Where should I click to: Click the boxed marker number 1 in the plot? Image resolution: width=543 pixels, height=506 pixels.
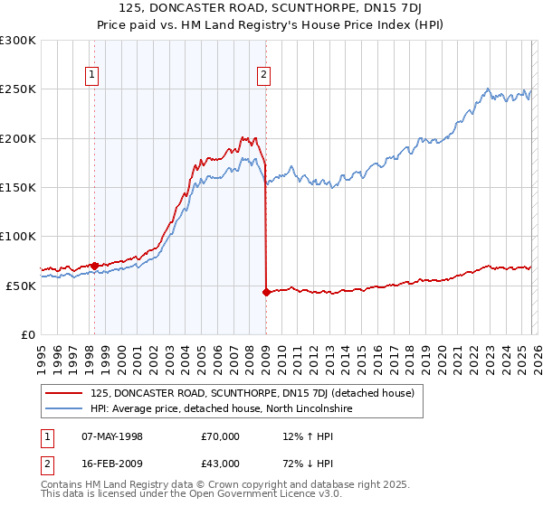[93, 76]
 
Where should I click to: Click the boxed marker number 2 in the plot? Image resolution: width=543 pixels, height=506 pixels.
[263, 76]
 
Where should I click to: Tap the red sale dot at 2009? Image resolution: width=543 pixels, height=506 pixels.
[266, 292]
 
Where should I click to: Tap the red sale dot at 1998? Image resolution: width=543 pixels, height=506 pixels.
[94, 266]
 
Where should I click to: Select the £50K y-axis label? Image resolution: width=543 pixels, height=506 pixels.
[21, 286]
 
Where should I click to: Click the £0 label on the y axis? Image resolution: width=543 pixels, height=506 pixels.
[27, 334]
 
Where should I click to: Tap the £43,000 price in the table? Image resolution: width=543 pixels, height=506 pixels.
[220, 464]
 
